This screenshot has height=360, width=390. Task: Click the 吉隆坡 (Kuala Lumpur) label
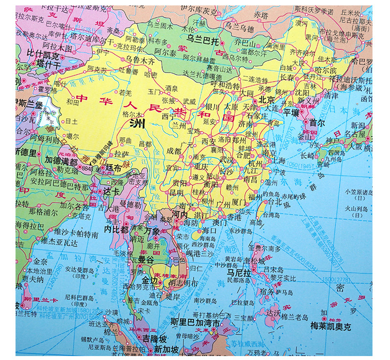(152, 339)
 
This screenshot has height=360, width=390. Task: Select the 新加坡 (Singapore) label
(166, 349)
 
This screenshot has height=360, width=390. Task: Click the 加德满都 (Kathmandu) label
(60, 161)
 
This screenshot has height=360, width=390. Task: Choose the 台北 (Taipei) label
(274, 201)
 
